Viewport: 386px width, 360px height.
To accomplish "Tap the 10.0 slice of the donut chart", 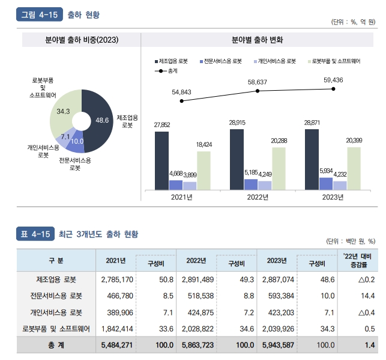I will [77, 142].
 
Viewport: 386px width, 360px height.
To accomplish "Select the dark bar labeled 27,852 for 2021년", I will [161, 160].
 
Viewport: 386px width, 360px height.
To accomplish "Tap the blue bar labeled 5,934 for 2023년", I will [325, 183].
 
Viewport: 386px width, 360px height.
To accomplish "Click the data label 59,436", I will [333, 80].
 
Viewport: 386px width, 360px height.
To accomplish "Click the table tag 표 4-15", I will [34, 234].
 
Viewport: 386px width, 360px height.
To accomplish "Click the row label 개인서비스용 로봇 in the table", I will [56, 313].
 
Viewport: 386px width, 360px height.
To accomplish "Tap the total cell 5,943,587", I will [278, 346].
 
